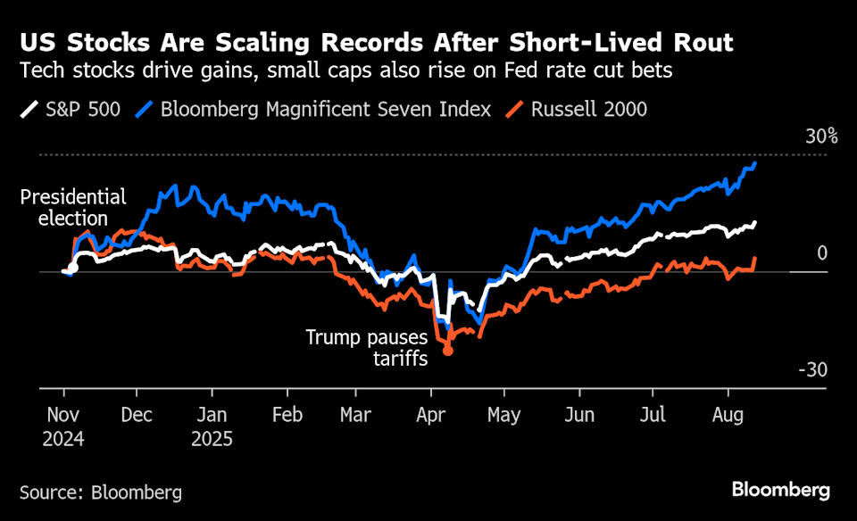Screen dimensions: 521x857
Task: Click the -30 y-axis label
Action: (x=813, y=370)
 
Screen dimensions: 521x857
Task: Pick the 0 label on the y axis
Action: (x=822, y=254)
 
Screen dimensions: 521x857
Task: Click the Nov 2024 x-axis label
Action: (x=64, y=426)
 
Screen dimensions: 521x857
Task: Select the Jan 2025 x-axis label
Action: (x=212, y=426)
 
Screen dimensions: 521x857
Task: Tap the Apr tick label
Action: (x=431, y=416)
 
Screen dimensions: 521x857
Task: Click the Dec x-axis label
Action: (x=137, y=416)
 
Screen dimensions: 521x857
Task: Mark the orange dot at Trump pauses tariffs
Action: (x=448, y=351)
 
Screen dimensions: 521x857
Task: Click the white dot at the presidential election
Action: (x=73, y=267)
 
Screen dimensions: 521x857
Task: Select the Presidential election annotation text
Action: (x=72, y=207)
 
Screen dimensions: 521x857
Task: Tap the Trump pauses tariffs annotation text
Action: (x=367, y=348)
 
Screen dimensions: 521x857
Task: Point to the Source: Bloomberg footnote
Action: (x=100, y=492)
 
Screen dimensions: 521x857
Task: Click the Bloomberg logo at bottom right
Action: (x=780, y=490)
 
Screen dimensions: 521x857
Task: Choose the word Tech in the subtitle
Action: (x=40, y=71)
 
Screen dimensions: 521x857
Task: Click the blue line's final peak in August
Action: (x=756, y=164)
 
